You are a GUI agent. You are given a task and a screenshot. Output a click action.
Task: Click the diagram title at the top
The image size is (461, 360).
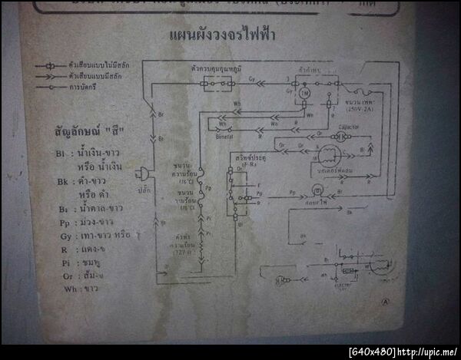pyautogui.click(x=222, y=35)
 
